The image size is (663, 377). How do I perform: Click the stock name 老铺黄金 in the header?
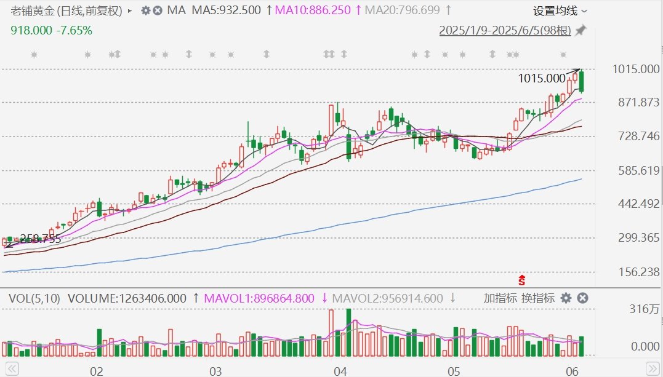[x=33, y=10]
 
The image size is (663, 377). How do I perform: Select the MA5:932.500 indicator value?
[x=226, y=10]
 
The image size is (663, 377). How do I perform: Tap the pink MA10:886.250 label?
[x=313, y=10]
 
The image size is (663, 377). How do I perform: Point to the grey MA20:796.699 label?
[x=402, y=10]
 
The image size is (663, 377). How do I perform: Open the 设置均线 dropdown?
[x=560, y=11]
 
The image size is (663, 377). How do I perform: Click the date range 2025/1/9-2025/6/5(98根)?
[x=505, y=30]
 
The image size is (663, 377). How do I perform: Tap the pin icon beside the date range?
[x=581, y=30]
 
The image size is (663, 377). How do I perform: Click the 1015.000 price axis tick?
[x=636, y=69]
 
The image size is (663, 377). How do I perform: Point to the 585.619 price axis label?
[x=638, y=170]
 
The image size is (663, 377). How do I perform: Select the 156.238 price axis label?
[x=638, y=272]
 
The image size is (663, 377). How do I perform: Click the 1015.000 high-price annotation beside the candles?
[x=542, y=78]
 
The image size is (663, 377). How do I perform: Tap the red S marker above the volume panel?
[x=522, y=280]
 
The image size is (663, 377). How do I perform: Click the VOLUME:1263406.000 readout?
[x=127, y=298]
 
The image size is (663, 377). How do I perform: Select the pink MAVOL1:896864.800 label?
[x=259, y=298]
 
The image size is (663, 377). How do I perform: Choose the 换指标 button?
[x=538, y=298]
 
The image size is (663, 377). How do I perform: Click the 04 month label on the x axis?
[x=340, y=371]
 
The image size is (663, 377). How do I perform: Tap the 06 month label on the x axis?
[x=572, y=371]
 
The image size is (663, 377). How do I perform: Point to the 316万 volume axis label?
[x=645, y=309]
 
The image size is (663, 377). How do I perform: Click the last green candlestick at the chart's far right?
[x=582, y=81]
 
